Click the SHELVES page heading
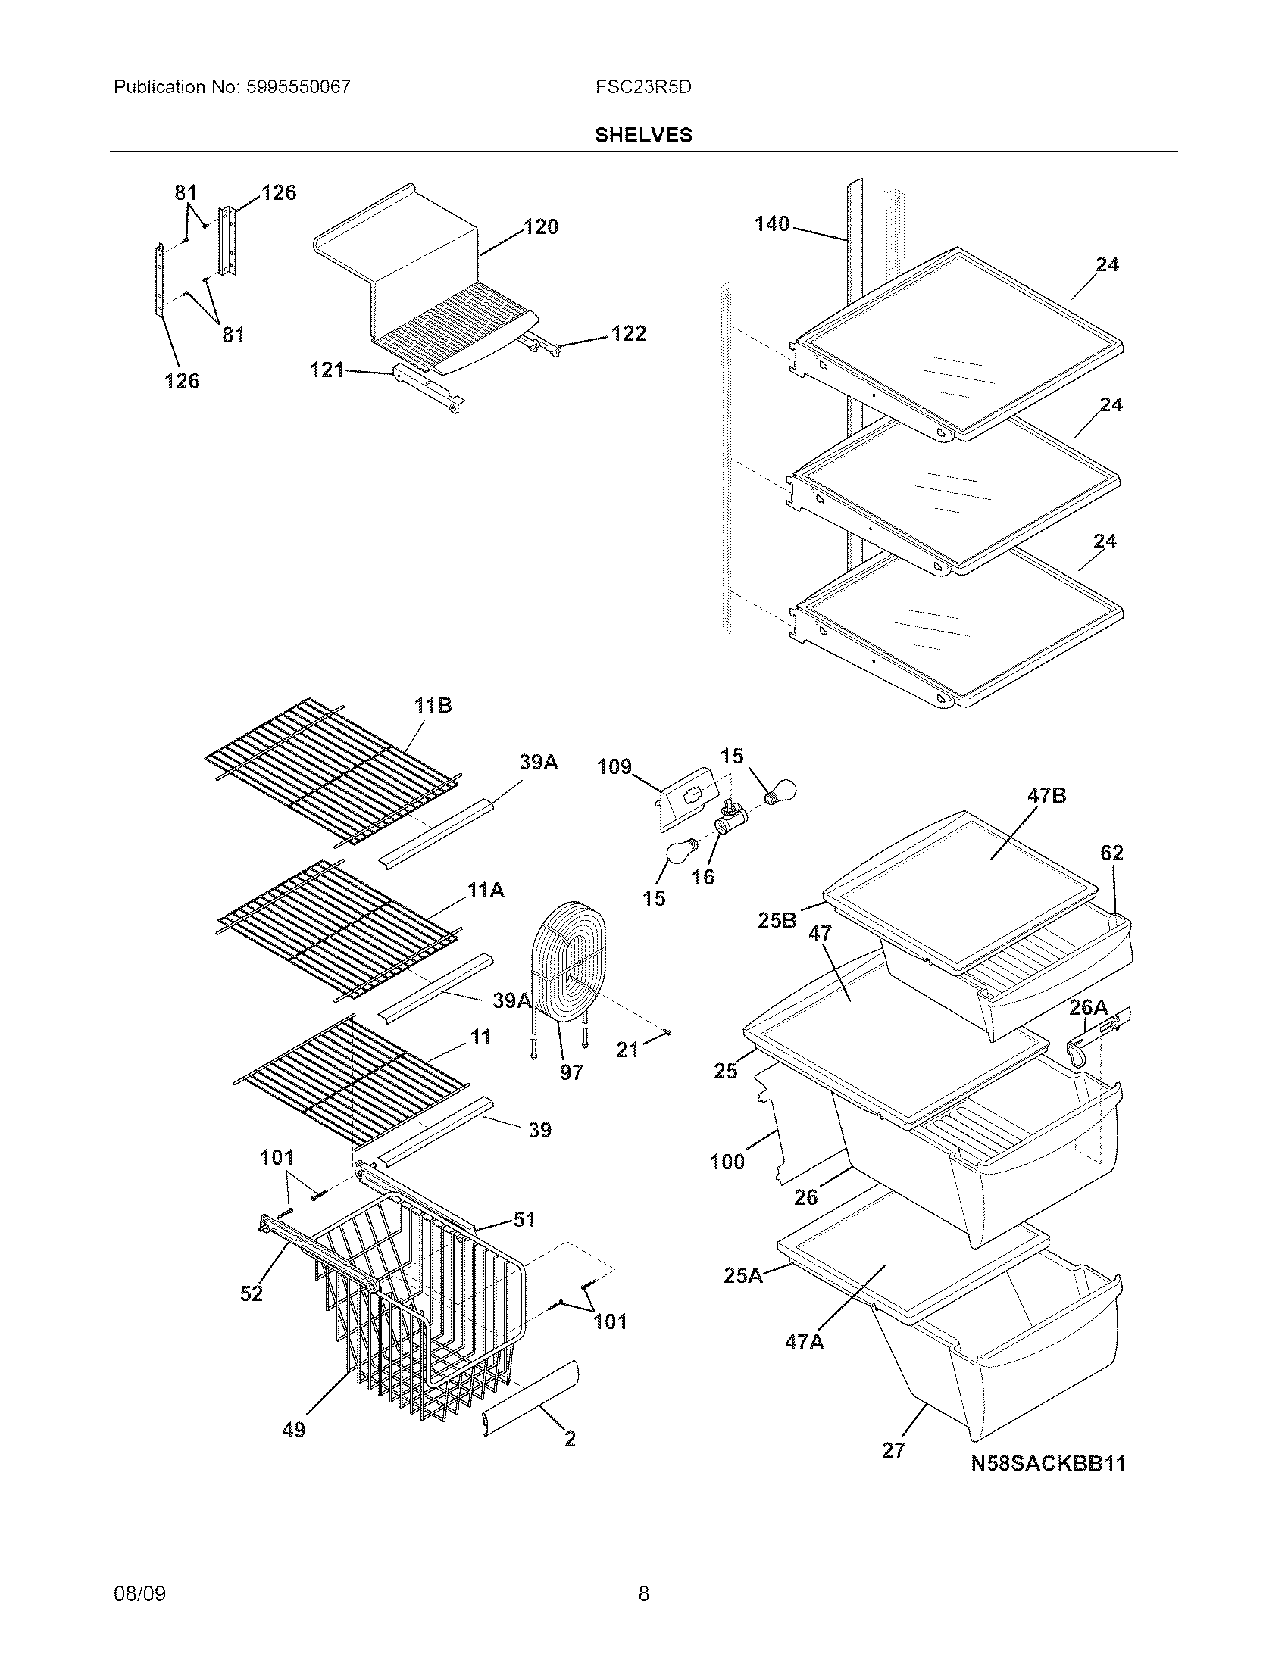pyautogui.click(x=643, y=135)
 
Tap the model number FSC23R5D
pyautogui.click(x=643, y=87)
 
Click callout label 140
pyautogui.click(x=771, y=224)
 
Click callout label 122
pyautogui.click(x=628, y=334)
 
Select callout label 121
pyautogui.click(x=327, y=370)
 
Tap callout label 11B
pyautogui.click(x=433, y=706)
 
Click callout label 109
pyautogui.click(x=614, y=766)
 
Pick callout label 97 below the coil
pyautogui.click(x=571, y=1072)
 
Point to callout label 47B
pyautogui.click(x=1047, y=796)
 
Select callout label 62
pyautogui.click(x=1111, y=853)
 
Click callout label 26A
pyautogui.click(x=1088, y=1008)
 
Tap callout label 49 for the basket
pyautogui.click(x=294, y=1430)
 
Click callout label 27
pyautogui.click(x=893, y=1450)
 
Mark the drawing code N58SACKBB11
pyautogui.click(x=1048, y=1463)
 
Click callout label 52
pyautogui.click(x=251, y=1293)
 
